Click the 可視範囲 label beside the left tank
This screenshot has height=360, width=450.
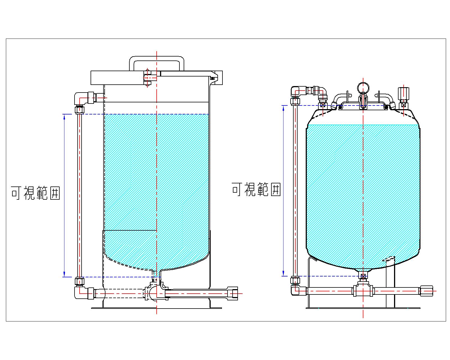pyautogui.click(x=35, y=193)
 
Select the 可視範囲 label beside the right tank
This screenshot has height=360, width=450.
pyautogui.click(x=256, y=189)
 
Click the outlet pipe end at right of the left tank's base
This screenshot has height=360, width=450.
pyautogui.click(x=233, y=293)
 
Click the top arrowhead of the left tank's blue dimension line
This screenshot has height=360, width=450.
pyautogui.click(x=65, y=116)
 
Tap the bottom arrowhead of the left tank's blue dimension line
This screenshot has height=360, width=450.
pyautogui.click(x=65, y=274)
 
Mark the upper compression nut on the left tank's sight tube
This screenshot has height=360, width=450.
pyautogui.click(x=80, y=109)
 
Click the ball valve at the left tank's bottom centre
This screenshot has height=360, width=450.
pyautogui.click(x=153, y=293)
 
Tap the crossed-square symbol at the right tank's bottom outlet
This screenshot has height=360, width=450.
pyautogui.click(x=363, y=276)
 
